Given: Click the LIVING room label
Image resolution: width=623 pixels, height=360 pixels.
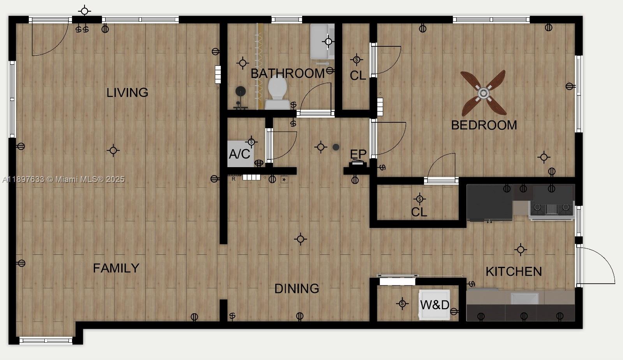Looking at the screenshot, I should coord(127,93).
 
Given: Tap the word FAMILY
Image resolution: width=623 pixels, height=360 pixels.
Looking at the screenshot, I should coord(116,268).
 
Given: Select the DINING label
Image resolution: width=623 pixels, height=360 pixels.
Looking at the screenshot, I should coord(297,289).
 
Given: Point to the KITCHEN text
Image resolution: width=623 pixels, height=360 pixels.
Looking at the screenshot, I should coord(514,272).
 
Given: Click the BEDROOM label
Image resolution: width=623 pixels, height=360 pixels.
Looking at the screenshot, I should coord(484,125).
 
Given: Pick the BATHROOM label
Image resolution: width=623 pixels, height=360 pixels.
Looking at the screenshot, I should coord(287,73).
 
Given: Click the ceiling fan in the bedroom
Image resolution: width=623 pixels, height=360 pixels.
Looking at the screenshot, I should coord(483,94).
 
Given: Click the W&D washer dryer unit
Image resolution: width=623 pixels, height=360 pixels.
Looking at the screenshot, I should coord(435,305).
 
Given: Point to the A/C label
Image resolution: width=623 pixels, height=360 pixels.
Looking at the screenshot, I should coord(239,154).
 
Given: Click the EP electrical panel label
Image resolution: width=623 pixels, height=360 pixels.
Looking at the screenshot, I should coord(358,154).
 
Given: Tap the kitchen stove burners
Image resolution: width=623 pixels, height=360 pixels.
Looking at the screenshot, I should coord(551,209).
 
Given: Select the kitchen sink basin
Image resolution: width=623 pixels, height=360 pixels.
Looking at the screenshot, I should coord(524,299).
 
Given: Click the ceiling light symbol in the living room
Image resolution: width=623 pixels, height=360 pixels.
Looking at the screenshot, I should coord(113,150).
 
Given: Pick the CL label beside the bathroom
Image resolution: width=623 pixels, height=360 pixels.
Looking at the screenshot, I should coord(358,76).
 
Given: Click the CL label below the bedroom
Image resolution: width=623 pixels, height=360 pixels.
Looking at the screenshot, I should coord(419,212).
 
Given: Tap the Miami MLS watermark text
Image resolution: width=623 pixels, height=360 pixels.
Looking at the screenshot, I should coord(63,179).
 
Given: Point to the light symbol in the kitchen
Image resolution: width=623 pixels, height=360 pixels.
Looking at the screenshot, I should coord(521,249).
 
